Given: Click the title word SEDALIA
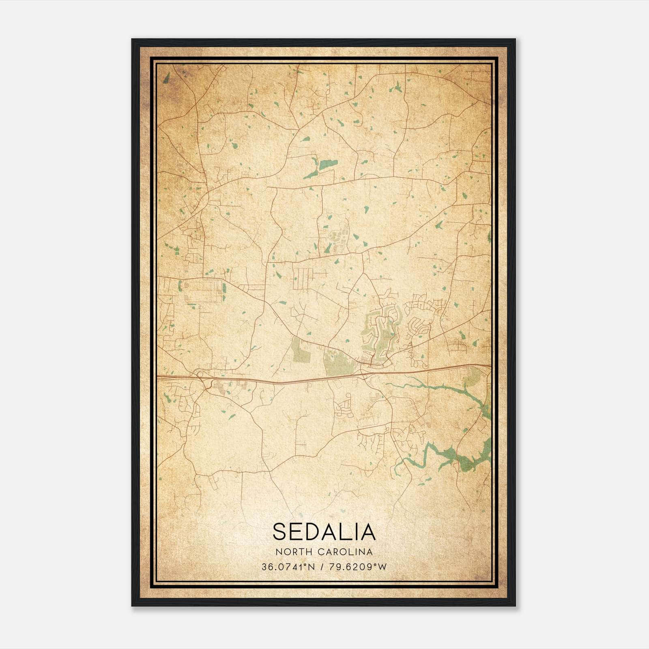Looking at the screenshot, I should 324,531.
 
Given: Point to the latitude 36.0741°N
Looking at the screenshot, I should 288,567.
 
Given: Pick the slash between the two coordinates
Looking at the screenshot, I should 321,567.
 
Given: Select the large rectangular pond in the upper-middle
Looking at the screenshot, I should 328,164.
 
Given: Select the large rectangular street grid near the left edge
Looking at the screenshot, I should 203,290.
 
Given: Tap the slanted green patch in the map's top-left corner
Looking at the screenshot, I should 166,78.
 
